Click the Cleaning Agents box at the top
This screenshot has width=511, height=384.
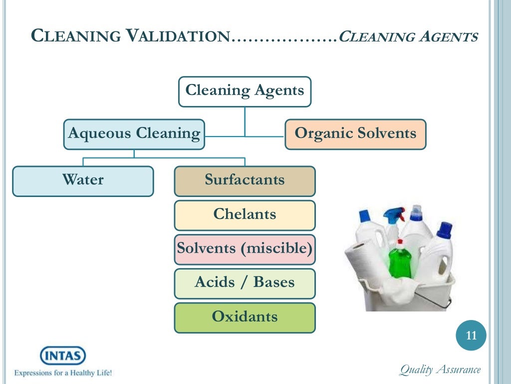(245, 91)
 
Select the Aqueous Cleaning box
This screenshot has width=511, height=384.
(134, 134)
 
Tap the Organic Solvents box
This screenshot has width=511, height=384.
(355, 134)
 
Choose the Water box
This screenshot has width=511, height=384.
(83, 180)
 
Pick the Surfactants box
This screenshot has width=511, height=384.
(245, 180)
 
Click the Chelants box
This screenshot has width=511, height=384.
(245, 215)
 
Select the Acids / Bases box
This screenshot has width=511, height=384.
(245, 282)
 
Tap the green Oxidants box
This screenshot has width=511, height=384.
(245, 317)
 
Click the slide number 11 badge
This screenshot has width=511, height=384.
(471, 336)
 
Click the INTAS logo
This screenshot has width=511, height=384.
(63, 356)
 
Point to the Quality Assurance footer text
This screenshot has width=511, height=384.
(440, 370)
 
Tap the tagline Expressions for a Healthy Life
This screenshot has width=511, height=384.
(63, 373)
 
